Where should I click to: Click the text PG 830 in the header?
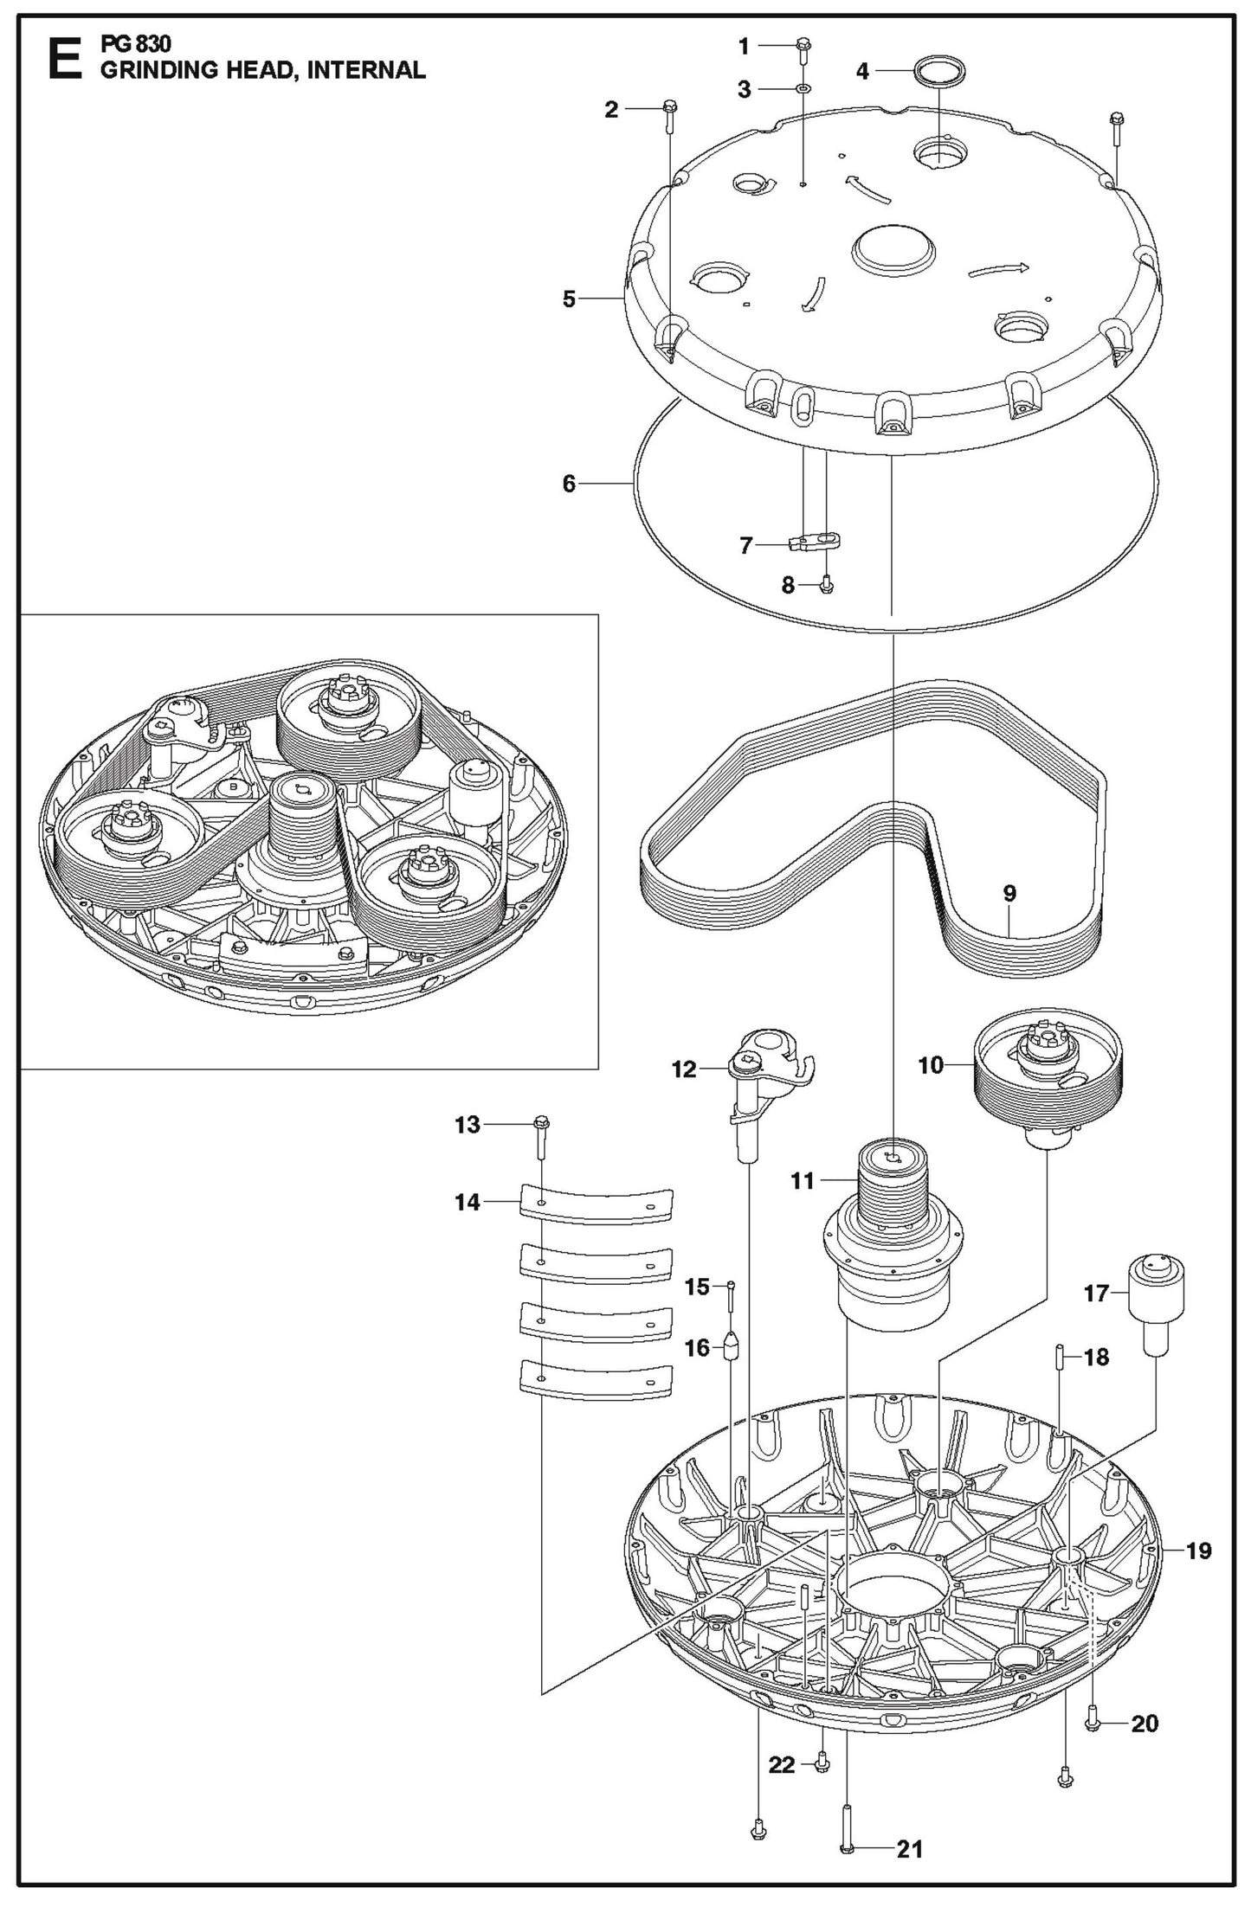[x=137, y=45]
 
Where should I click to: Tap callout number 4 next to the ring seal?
[x=861, y=72]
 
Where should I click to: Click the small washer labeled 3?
[x=803, y=89]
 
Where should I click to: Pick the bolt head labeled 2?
[x=669, y=108]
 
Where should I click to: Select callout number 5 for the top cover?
[x=569, y=300]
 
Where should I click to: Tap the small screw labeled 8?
[x=825, y=586]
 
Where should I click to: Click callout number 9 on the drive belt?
[x=1009, y=893]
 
